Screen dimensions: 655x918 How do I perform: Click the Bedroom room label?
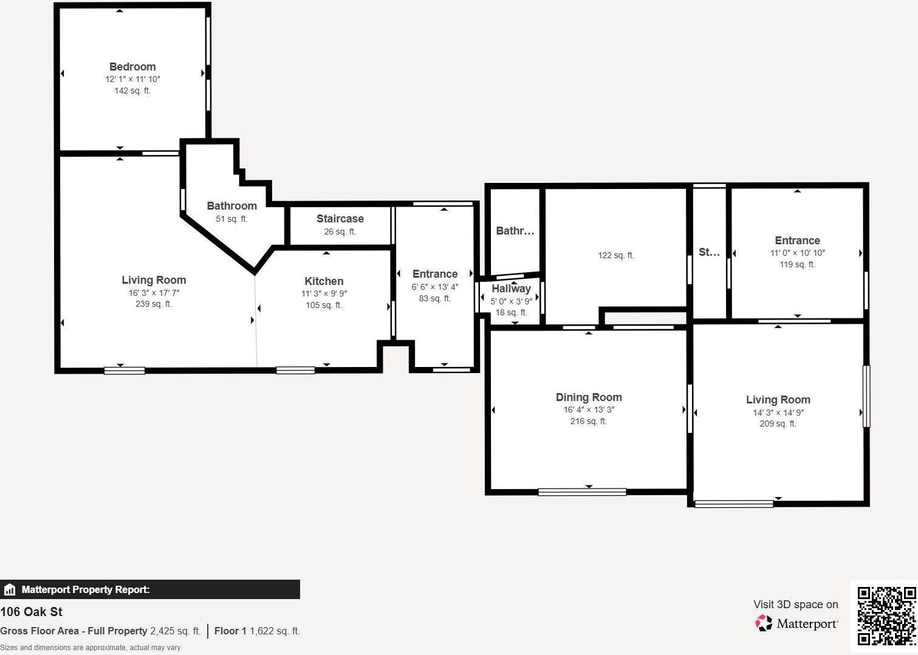132,67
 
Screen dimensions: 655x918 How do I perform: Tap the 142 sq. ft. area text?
132,91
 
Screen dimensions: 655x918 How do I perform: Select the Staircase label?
340,219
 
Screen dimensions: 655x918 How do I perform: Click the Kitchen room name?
324,281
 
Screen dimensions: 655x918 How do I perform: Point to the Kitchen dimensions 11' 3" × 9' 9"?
324,293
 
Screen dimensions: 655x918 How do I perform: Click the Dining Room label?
588,397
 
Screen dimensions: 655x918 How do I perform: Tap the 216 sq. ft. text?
588,421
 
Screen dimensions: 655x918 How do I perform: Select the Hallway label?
511,289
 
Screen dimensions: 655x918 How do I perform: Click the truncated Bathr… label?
515,231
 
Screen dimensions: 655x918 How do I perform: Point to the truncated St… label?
708,252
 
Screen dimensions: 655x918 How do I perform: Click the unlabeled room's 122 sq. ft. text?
615,256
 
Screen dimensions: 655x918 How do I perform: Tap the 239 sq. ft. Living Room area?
154,304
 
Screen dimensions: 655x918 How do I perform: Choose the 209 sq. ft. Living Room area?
778,424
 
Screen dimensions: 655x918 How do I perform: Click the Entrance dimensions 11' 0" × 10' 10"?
797,253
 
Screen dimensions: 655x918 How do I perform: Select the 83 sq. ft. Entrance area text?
434,298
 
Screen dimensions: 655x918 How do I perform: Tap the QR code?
886,616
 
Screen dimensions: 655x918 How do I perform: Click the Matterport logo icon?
763,623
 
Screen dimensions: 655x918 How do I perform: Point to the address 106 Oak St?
32,612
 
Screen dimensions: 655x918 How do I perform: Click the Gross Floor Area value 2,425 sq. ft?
175,631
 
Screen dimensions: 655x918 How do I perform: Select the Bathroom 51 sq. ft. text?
231,219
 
